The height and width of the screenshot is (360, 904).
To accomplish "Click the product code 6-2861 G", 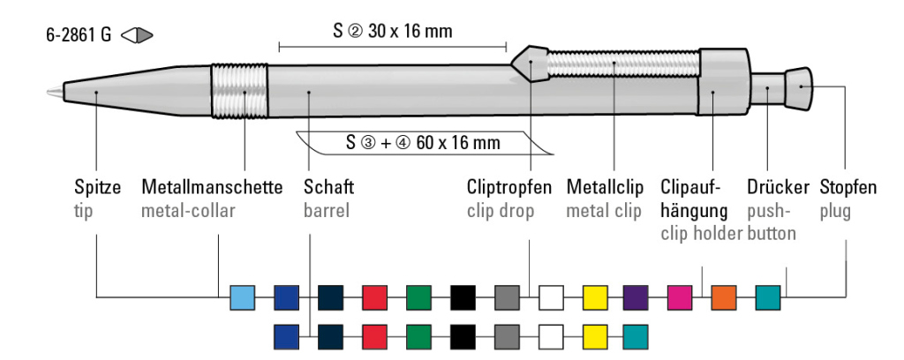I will (x=79, y=37).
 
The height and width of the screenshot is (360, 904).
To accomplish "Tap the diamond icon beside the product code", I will (x=138, y=37).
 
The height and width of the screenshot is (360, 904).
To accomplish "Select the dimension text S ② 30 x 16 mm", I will (x=393, y=33).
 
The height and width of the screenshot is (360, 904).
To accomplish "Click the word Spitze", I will (x=96, y=188).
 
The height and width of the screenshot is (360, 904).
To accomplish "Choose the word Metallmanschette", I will (x=212, y=188).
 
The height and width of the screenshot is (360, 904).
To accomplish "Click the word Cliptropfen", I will (x=509, y=188).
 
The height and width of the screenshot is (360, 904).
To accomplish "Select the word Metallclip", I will (x=604, y=188).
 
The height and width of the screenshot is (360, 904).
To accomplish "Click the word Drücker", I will (x=777, y=188).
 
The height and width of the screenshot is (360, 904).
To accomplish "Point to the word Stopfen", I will (x=847, y=188).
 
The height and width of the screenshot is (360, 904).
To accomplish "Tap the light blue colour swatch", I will (x=242, y=297).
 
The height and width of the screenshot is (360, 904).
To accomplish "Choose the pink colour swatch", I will (x=680, y=297).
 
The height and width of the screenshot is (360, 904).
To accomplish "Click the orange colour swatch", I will (x=724, y=297).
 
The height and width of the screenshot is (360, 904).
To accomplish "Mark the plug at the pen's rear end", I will (x=799, y=86).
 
